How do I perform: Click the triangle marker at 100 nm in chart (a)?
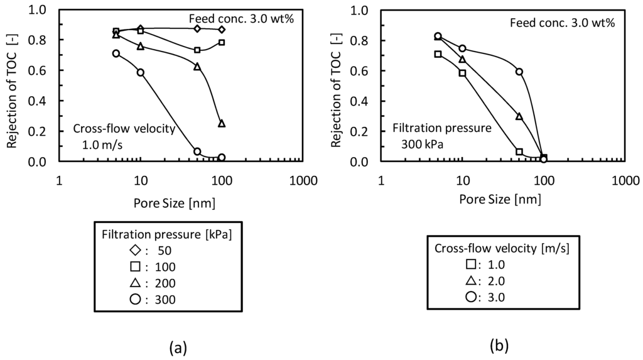coord(221,124)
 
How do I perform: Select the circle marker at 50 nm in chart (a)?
coord(197,151)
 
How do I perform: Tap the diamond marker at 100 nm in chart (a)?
coord(222,30)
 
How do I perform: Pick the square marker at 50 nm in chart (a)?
coord(197,50)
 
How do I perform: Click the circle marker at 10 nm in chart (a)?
coord(141,73)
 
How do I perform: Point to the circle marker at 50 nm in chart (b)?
coord(519,72)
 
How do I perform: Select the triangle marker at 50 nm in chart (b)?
coord(519,116)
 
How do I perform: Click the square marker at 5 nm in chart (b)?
coord(438,54)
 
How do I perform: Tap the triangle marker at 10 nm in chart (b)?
coord(462,60)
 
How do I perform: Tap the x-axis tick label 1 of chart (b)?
coord(381,181)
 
